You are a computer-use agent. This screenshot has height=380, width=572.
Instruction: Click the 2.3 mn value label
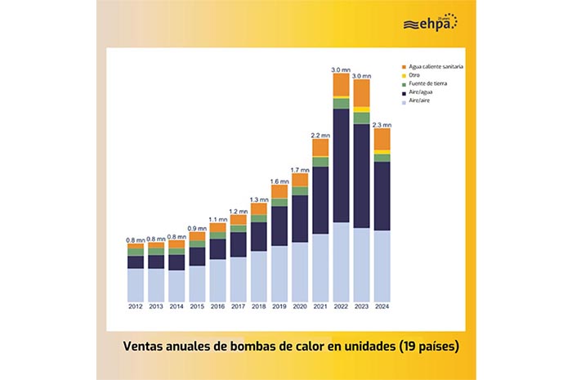pos(382,124)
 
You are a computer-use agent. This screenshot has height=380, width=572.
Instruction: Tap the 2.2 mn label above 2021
pos(320,135)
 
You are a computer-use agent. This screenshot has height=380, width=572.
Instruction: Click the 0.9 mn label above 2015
pos(197,228)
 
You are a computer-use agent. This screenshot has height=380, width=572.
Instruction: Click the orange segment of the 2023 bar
pos(361,92)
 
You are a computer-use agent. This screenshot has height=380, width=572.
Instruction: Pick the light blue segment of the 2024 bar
pos(382,265)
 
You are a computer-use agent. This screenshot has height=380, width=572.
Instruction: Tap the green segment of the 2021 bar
pos(320,162)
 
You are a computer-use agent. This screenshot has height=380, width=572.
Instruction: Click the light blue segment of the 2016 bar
pos(217,279)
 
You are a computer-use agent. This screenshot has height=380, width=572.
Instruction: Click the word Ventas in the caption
pos(146,346)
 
